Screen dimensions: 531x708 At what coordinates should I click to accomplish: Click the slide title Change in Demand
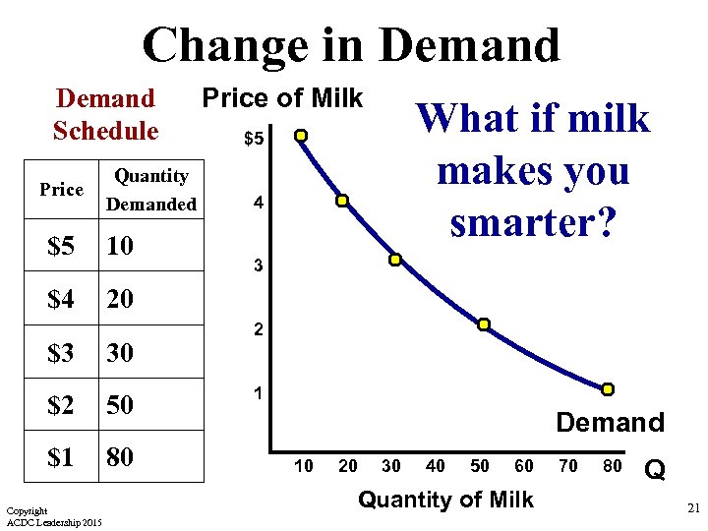point(351,45)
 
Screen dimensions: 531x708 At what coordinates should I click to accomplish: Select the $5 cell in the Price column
point(61,246)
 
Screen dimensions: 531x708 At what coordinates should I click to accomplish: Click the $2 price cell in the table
point(61,404)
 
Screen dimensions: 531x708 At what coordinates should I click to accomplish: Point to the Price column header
point(61,189)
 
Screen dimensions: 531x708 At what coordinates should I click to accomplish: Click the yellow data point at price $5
point(302,136)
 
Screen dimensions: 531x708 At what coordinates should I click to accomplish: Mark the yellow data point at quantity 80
point(608,389)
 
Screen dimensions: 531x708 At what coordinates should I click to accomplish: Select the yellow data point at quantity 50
point(484,324)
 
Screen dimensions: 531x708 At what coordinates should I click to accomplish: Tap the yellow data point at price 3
point(394,261)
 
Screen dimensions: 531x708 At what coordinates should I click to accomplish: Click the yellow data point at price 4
point(342,201)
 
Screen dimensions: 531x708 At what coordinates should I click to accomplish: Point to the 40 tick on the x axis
point(436,465)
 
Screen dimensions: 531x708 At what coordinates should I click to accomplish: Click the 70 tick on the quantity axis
point(568,465)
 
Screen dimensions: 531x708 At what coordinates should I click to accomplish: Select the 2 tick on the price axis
point(258,331)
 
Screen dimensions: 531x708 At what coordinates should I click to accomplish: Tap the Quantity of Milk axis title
point(445,500)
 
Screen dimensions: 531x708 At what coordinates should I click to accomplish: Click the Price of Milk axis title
point(282,98)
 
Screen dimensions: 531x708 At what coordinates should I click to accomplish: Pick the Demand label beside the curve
point(610,423)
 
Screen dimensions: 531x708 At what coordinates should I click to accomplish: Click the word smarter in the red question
point(532,223)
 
